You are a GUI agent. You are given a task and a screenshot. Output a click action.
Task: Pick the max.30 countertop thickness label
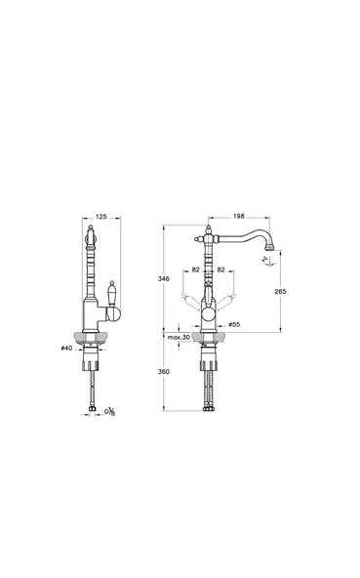(x=178, y=337)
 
